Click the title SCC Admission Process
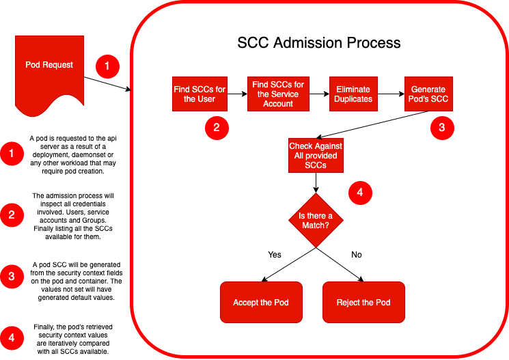click(x=318, y=43)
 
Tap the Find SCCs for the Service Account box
click(x=278, y=94)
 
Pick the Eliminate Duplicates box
click(x=353, y=94)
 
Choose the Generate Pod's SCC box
click(x=428, y=94)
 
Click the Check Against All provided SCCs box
click(x=316, y=156)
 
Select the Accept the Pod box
click(x=261, y=302)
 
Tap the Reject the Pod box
click(x=363, y=302)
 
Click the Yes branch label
click(x=275, y=255)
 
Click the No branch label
click(x=356, y=255)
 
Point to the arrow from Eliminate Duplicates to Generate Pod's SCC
click(x=390, y=94)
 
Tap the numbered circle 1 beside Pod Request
click(x=107, y=67)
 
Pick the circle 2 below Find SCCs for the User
click(x=216, y=128)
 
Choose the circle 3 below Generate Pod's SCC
click(x=441, y=128)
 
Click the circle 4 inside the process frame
click(x=360, y=193)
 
